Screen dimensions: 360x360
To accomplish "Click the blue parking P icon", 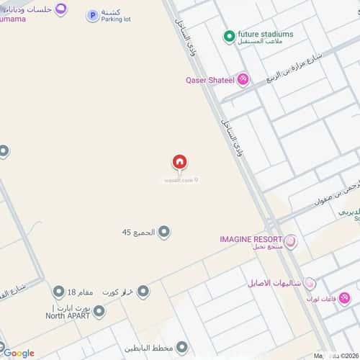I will [x=92, y=15].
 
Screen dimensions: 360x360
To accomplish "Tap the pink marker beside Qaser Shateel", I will [x=243, y=79].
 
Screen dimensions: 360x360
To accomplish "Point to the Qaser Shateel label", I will [x=210, y=80].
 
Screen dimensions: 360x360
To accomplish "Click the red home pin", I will [x=180, y=163].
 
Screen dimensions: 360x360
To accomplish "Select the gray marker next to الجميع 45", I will [x=164, y=232].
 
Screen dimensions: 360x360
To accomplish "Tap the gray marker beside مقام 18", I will [x=58, y=291].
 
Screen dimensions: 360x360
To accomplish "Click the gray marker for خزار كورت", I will [x=143, y=291].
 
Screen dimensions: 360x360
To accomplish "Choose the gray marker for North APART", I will [x=99, y=311].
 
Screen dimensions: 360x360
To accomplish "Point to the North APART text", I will [x=66, y=315].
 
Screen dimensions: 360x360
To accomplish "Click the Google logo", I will [x=18, y=353].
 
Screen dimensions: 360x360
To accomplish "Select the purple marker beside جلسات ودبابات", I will [x=60, y=9].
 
